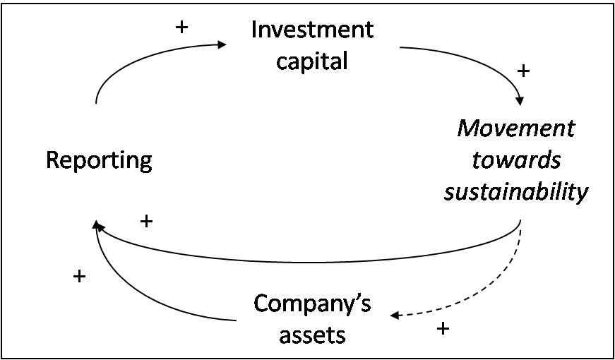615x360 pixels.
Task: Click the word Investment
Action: point(312,30)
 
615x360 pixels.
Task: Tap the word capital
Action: point(312,61)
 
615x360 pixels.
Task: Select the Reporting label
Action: point(100,162)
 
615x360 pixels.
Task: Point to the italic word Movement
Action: point(515,129)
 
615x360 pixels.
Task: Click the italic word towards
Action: point(516,161)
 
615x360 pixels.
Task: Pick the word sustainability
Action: point(516,192)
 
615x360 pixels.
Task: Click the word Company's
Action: point(312,305)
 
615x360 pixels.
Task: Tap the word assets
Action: point(312,336)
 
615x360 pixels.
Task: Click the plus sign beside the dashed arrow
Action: point(443,328)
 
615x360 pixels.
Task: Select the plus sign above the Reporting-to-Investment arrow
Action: point(181,28)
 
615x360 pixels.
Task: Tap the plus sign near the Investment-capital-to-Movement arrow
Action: point(524,71)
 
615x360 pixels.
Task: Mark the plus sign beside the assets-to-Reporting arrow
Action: point(79,277)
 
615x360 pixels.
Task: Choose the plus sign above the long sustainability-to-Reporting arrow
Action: point(146,222)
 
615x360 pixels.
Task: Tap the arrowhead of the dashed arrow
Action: point(395,316)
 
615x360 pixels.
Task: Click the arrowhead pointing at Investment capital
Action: point(222,44)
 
